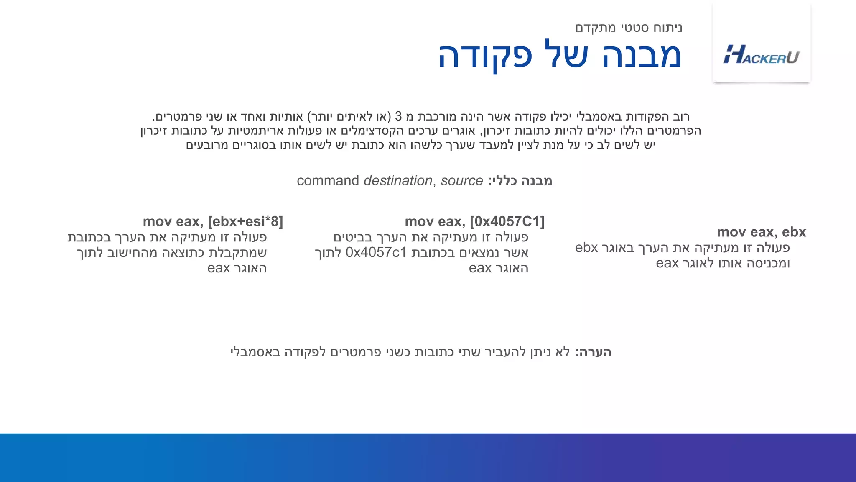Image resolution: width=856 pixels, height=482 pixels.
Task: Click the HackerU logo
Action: coord(761,55)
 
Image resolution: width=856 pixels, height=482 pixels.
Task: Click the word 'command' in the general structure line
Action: coord(328,181)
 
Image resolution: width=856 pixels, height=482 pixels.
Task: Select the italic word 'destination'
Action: coord(397,181)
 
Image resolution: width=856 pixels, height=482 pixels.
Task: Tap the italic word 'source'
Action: coord(461,181)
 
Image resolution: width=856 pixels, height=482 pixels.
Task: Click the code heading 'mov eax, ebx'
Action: coord(761,232)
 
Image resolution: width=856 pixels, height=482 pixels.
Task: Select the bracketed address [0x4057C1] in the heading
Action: coord(507,221)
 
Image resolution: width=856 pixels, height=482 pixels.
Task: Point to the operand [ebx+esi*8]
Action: coord(245,221)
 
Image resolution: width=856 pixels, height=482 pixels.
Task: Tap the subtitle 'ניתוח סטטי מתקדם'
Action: coord(629,28)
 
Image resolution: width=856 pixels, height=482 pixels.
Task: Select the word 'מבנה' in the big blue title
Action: coord(642,56)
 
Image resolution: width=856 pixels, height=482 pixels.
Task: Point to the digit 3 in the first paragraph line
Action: coord(398,116)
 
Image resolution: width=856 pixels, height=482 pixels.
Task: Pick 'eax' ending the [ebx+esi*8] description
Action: coord(219,268)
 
